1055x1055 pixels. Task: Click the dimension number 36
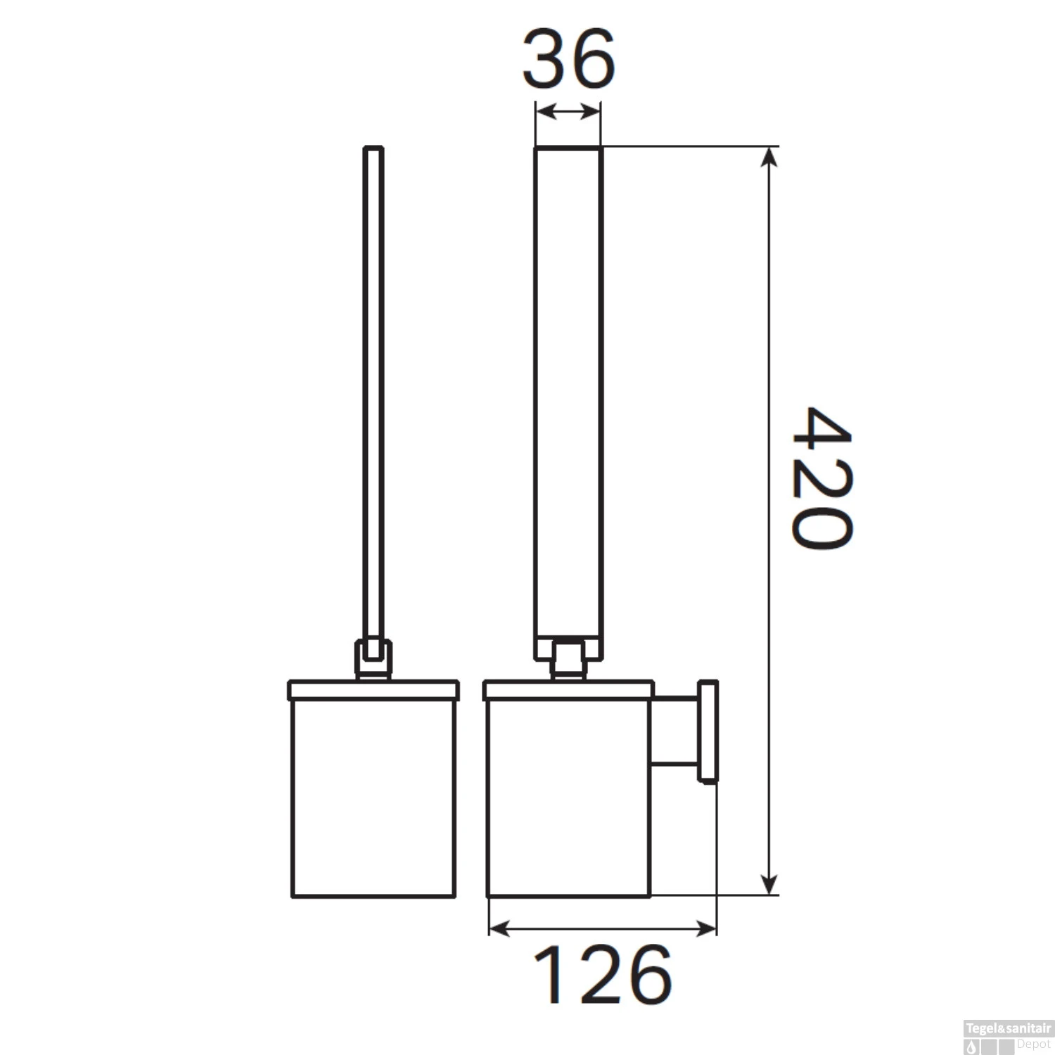568,59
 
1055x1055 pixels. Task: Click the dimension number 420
821,479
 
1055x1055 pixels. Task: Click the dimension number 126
603,976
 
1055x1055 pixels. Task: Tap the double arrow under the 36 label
568,111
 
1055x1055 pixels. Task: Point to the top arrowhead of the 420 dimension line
771,156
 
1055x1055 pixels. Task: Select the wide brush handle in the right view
568,394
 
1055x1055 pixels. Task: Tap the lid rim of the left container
373,690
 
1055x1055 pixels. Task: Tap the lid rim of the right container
568,690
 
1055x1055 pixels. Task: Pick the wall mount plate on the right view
708,731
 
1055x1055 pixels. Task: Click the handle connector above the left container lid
373,658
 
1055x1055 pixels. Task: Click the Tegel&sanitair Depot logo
1008,1036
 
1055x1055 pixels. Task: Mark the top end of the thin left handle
373,149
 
